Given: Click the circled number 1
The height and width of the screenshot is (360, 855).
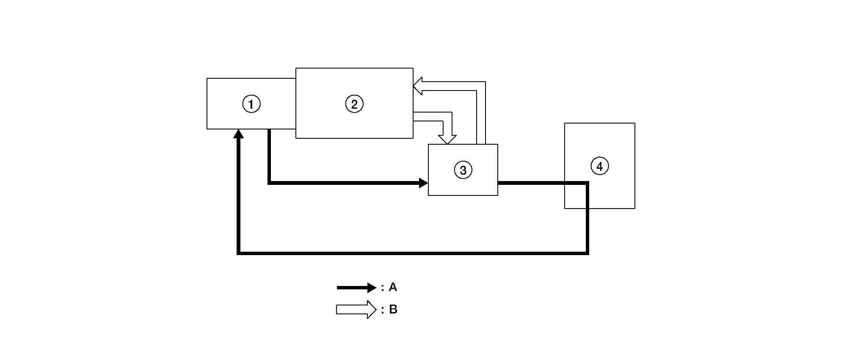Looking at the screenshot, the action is point(251,104).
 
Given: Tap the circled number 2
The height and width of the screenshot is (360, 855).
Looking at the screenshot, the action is point(354,104).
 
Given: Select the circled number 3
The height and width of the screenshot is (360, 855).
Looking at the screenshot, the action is point(463,170).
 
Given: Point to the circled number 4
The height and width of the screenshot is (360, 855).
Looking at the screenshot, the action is point(599,167).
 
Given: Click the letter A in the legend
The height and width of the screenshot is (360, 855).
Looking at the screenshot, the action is point(393,287).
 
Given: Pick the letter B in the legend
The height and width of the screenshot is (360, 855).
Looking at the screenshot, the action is point(393,310).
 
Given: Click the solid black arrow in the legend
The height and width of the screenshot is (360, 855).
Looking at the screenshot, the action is point(356,288).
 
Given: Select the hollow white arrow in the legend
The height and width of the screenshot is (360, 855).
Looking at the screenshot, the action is point(356,310).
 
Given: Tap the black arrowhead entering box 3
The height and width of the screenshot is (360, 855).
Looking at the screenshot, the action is point(424,183).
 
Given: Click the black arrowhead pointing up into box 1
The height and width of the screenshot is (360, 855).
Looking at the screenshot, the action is point(239,134).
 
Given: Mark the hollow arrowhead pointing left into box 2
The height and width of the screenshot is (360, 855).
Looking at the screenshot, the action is point(418,86).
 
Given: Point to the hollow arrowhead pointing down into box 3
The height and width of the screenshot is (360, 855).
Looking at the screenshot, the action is point(447,140).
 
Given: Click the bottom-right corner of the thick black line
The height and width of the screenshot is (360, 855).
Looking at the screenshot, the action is point(587,253).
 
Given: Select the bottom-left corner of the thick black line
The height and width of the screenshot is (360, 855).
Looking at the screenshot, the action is point(239,253).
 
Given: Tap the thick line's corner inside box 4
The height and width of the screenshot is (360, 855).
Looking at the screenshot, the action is point(587,183).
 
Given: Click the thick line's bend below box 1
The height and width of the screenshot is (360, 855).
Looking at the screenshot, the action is point(269,183).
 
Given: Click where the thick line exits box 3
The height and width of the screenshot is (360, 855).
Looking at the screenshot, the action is point(498,183).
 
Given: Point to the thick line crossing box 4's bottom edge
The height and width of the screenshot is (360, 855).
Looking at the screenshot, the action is point(587,208).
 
